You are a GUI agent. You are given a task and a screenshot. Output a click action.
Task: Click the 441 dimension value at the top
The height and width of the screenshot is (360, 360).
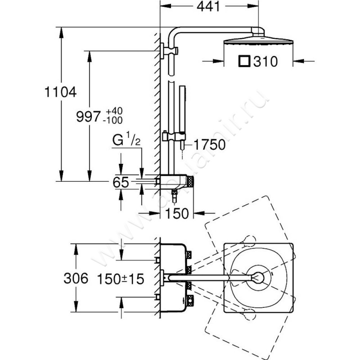point(209,8)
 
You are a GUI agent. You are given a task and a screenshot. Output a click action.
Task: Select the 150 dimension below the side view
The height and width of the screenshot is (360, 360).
point(176,214)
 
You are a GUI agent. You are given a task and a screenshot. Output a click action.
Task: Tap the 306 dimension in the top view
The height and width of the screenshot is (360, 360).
point(75,279)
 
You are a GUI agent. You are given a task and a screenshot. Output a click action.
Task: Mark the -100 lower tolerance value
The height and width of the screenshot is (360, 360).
point(113,120)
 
